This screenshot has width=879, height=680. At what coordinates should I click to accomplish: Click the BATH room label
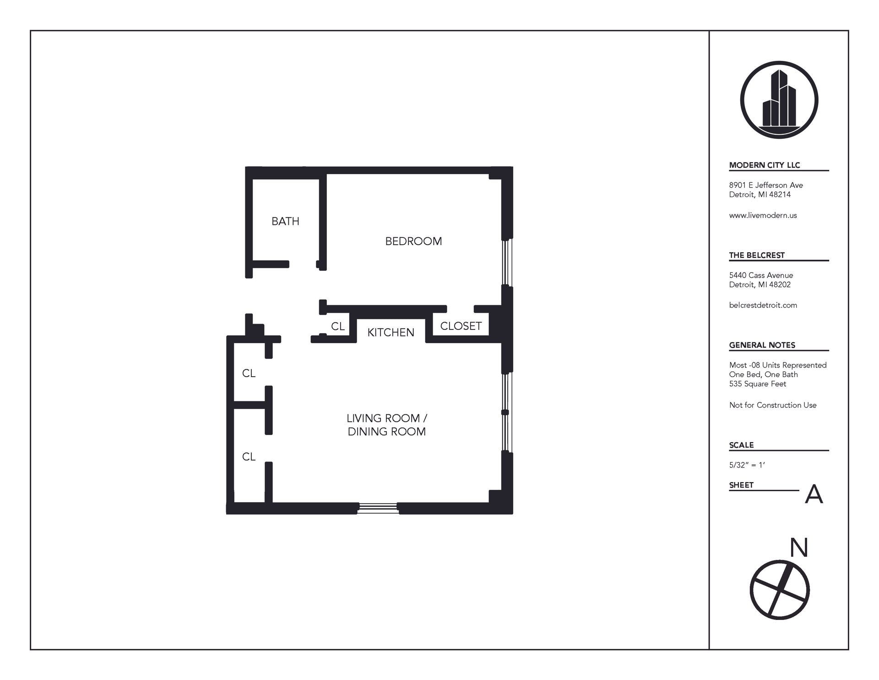(x=285, y=221)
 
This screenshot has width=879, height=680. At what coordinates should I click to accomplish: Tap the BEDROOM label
(x=413, y=241)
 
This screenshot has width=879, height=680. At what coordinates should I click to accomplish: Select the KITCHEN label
(x=391, y=332)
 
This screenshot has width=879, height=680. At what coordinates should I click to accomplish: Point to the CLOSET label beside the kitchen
(x=461, y=326)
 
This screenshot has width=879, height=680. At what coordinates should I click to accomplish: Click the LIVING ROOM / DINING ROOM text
(x=387, y=425)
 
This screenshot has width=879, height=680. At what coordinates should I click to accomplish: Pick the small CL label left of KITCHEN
(x=338, y=326)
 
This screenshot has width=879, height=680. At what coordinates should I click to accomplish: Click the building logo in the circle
(x=779, y=100)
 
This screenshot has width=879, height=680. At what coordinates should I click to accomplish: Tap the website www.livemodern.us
(x=763, y=215)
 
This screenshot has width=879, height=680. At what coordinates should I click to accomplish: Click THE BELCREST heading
(x=757, y=255)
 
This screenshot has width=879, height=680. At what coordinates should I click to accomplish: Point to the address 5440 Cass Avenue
(x=761, y=275)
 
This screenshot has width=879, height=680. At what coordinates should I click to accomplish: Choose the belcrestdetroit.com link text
(x=763, y=305)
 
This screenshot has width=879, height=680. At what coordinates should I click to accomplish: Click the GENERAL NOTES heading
(x=762, y=345)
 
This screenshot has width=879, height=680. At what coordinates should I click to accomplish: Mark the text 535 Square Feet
(x=757, y=384)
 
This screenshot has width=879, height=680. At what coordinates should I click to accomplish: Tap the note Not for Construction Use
(x=772, y=405)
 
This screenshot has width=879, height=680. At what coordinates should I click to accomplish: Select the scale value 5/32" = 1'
(x=747, y=465)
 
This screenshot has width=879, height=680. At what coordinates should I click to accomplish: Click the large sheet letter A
(x=814, y=494)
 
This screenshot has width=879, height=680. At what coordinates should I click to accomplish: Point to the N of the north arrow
(x=799, y=548)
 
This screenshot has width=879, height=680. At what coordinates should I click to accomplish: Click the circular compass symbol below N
(x=779, y=590)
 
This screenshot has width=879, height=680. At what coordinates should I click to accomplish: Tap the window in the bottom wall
(x=377, y=507)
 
